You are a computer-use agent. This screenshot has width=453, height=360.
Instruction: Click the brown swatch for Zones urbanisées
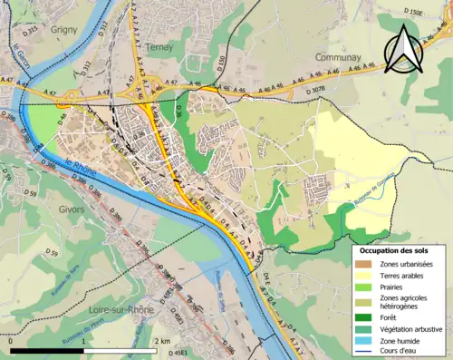click(363, 263)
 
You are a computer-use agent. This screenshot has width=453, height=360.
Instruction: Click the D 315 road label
click(31, 30)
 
